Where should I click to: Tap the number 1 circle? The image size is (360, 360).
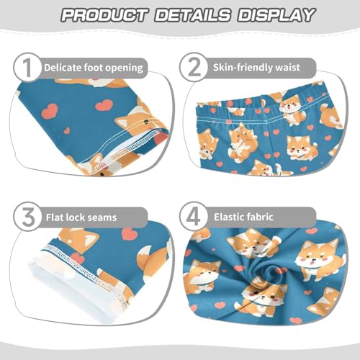[25, 68]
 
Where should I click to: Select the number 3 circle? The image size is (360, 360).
[25, 215]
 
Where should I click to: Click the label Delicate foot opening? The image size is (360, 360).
[93, 68]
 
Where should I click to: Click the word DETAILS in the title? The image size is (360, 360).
[186, 15]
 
